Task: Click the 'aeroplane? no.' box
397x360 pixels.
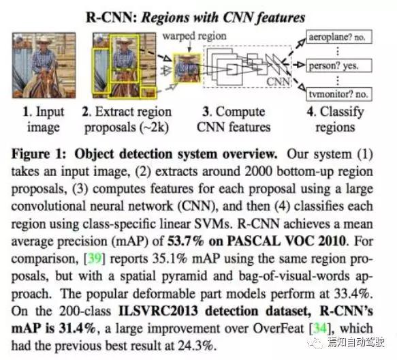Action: tap(339, 37)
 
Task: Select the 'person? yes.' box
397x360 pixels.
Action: tap(339, 65)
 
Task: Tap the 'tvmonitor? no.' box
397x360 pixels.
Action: tap(339, 94)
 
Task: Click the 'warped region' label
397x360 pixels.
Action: tap(195, 36)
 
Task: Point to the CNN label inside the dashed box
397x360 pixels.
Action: tap(278, 82)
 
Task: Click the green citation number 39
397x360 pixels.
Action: tap(95, 259)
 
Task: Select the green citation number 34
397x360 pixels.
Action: tap(320, 329)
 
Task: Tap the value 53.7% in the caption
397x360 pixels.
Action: tap(186, 241)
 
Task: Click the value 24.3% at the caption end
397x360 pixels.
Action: tap(195, 346)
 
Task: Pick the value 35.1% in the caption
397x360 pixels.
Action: tap(170, 259)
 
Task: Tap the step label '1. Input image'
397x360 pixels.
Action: tap(44, 119)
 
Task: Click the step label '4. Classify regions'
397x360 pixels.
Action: tap(335, 119)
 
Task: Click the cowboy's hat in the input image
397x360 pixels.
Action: tap(44, 40)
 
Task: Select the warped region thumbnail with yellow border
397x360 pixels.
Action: tap(187, 68)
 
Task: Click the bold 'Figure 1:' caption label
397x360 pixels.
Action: tap(39, 154)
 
